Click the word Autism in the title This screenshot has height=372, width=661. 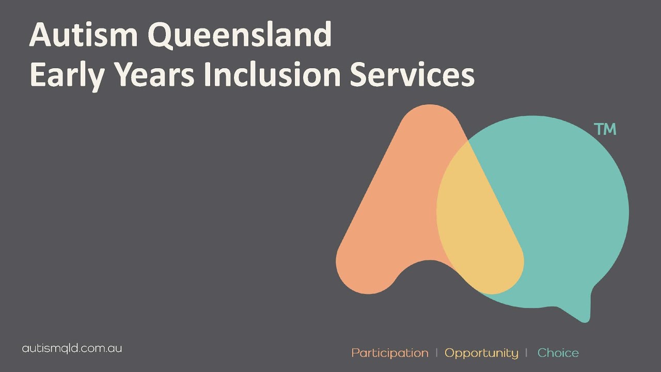[x=83, y=36]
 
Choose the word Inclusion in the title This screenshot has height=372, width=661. [x=272, y=75]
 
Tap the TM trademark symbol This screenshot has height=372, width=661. [x=605, y=129]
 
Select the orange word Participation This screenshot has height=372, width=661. [x=390, y=353]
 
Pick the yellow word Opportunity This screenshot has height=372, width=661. [x=481, y=353]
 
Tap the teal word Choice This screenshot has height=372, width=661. [x=558, y=353]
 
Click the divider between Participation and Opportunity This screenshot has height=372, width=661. [x=437, y=352]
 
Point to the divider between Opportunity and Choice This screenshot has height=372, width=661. [x=526, y=352]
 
